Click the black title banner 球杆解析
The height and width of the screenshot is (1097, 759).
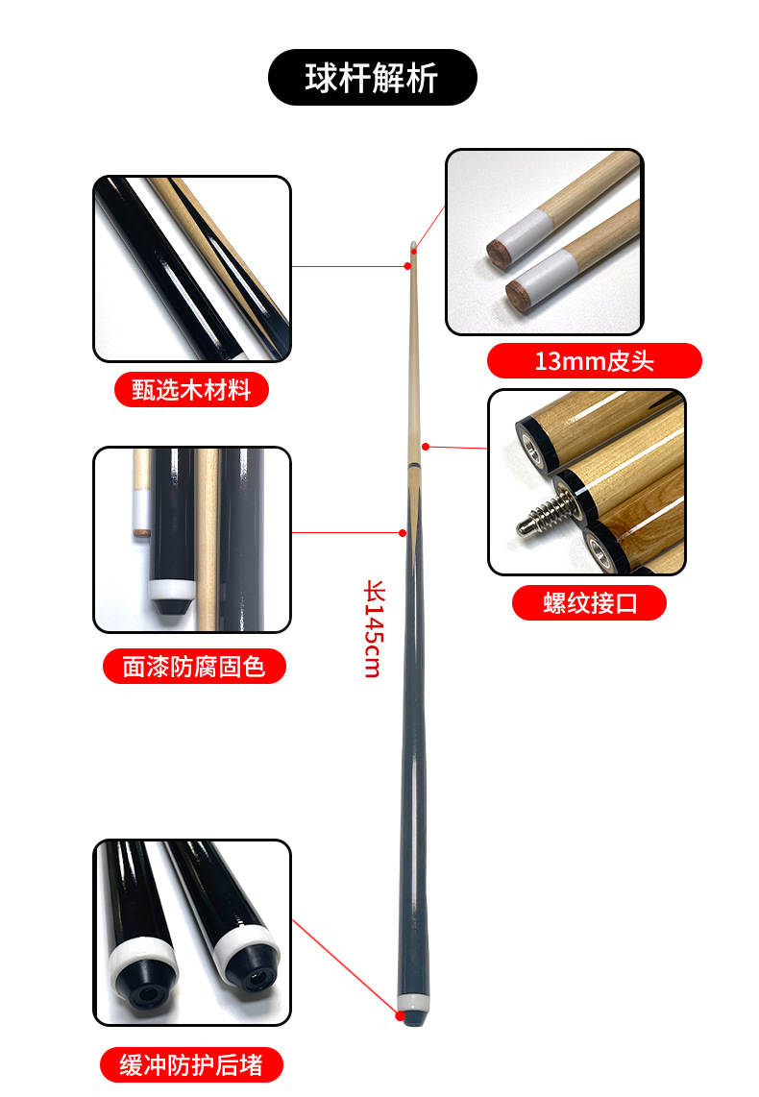[372, 78]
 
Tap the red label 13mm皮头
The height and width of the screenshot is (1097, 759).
[594, 361]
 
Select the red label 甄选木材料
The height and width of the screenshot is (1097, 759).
[191, 389]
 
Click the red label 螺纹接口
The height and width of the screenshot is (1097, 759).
[589, 602]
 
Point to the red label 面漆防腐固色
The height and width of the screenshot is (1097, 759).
[194, 666]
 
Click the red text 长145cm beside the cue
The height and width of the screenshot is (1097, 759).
[373, 628]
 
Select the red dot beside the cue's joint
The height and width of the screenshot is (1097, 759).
[426, 446]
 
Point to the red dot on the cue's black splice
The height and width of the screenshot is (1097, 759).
[404, 531]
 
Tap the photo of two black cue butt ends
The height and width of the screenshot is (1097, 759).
[192, 932]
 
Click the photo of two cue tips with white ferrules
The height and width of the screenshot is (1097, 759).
[544, 242]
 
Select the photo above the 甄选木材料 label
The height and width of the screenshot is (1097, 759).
[192, 269]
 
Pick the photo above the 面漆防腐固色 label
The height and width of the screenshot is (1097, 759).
[192, 539]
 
